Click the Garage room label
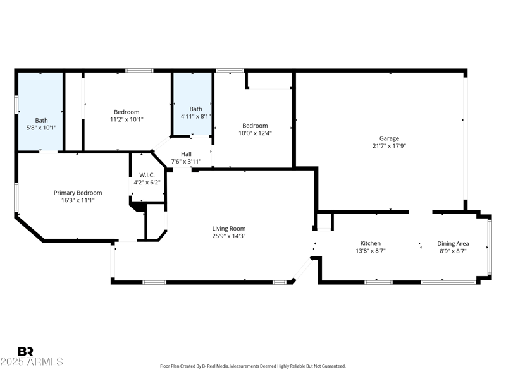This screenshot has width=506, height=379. [389, 139]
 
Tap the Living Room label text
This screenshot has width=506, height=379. [228, 229]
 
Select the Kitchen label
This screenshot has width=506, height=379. [370, 243]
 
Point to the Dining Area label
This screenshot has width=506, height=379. [453, 243]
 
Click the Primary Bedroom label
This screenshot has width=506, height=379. [78, 193]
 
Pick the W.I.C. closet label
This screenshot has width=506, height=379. [147, 175]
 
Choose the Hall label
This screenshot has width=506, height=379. [186, 153]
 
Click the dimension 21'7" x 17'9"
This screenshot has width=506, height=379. [389, 147]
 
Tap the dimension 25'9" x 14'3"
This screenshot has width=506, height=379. [228, 236]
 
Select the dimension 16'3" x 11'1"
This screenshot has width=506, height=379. [78, 200]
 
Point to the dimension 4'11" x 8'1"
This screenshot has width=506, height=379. [196, 116]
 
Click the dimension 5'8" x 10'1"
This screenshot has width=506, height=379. [41, 128]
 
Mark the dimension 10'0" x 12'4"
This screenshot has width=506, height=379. [255, 133]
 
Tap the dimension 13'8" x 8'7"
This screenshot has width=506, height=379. [370, 251]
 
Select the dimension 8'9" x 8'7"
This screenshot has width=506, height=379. [453, 251]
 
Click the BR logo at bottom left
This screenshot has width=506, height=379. [25, 351]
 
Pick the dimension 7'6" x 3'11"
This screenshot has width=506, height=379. [186, 161]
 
